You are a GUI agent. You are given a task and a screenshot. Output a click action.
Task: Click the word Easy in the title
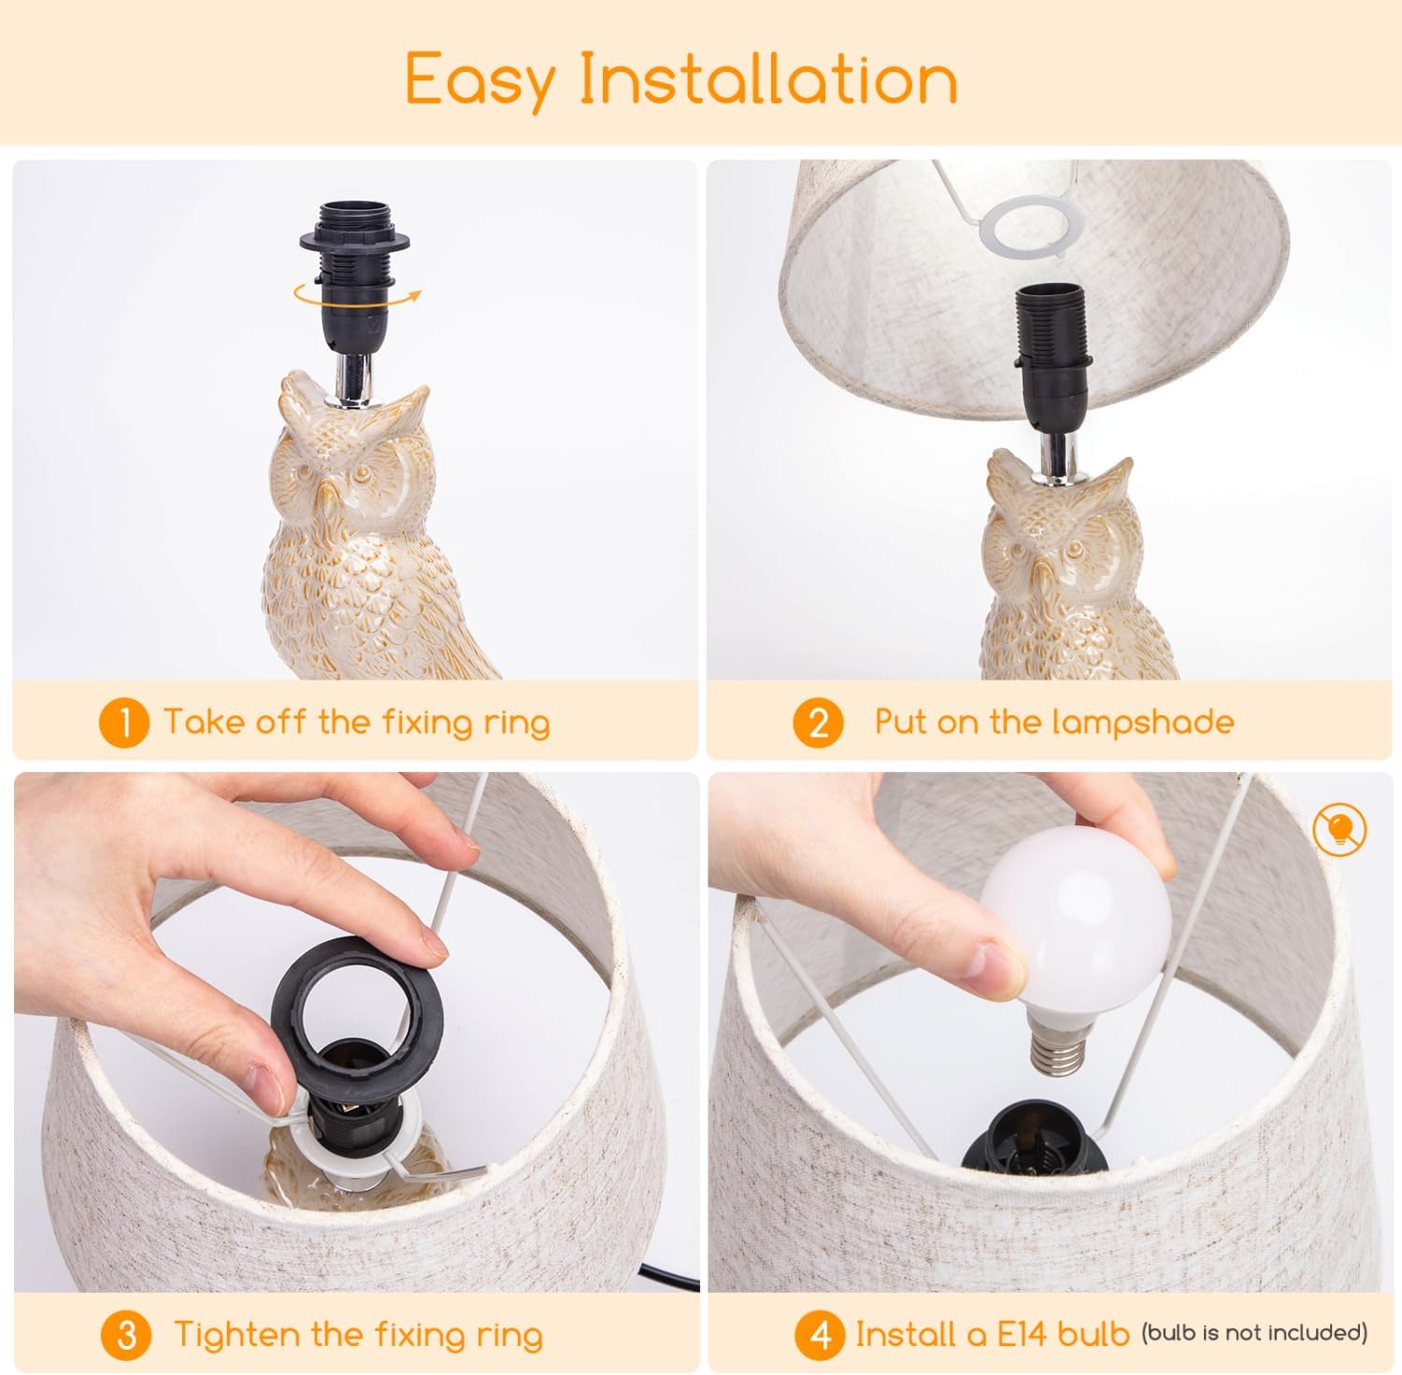pyautogui.click(x=479, y=80)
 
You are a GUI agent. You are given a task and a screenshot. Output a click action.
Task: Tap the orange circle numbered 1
pyautogui.click(x=123, y=723)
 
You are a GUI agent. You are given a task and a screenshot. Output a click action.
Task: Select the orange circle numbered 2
pyautogui.click(x=818, y=723)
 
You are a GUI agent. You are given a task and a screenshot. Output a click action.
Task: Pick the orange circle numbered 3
pyautogui.click(x=127, y=1335)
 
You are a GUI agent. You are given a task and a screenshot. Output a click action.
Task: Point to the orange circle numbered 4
pyautogui.click(x=820, y=1335)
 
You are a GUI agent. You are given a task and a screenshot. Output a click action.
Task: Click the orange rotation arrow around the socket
pyautogui.click(x=356, y=295)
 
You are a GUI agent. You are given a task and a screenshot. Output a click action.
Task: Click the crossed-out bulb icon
pyautogui.click(x=1338, y=829)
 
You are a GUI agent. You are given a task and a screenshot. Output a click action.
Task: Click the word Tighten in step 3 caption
pyautogui.click(x=237, y=1334)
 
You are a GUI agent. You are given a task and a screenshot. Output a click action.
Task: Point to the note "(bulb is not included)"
pyautogui.click(x=1254, y=1332)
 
